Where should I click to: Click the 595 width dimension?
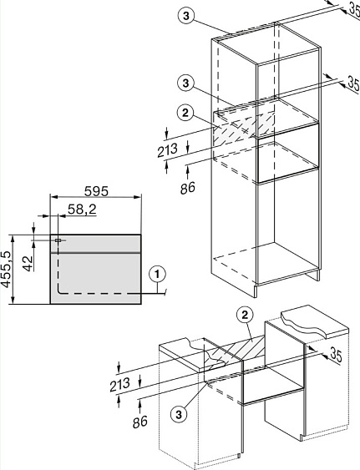coord(96,191)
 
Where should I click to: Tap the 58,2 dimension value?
coord(82,210)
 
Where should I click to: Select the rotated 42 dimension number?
coord(28,264)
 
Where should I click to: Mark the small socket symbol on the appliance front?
coord(58,240)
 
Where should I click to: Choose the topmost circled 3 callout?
coord(186,16)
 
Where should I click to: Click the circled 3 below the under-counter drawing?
coord(179,415)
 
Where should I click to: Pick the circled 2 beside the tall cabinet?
coord(185,113)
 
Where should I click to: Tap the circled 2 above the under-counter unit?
coord(245,315)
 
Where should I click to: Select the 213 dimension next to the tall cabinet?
coord(168,150)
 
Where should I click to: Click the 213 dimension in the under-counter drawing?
coord(119,384)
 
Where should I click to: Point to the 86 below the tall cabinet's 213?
coord(188,188)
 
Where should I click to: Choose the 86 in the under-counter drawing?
coord(140,422)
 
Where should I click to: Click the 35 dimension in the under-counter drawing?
coord(336,355)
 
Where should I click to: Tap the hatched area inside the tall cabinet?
coord(243,129)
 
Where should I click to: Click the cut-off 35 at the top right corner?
coord(354,8)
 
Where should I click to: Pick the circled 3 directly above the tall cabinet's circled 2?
coord(185,83)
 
